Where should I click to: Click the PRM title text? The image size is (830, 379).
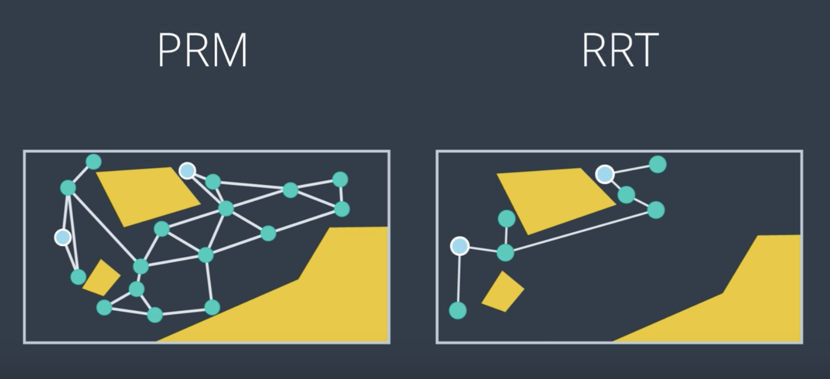tap(203, 50)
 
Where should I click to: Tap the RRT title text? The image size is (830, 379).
tap(620, 50)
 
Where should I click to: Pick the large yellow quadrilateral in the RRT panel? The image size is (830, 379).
tap(556, 200)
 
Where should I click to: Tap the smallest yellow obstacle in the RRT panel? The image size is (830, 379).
tap(503, 292)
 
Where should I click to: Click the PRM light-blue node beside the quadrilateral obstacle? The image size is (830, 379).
tap(187, 171)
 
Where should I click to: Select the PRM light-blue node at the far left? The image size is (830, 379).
tap(62, 237)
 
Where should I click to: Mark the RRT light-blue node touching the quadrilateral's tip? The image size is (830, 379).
tap(605, 174)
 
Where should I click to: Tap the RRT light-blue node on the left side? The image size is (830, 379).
tap(460, 246)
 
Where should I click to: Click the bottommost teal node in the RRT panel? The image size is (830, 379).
tap(458, 310)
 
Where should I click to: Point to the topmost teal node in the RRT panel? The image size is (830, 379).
tap(658, 164)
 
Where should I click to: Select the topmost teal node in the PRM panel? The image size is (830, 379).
tap(94, 162)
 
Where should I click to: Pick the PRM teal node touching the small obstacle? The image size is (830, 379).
tap(78, 277)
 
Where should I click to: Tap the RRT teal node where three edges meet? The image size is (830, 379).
tap(505, 252)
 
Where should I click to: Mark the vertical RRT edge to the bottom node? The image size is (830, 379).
tap(459, 278)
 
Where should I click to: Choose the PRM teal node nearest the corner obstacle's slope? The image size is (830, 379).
tap(212, 307)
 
